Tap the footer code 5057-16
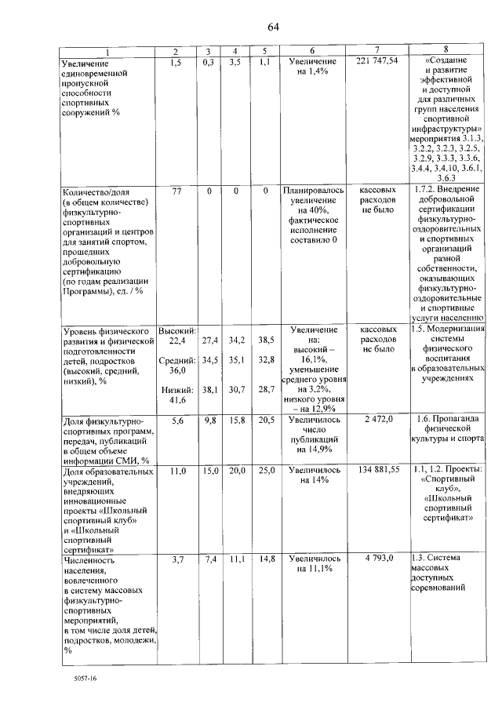coord(72,676)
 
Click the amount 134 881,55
coord(377,471)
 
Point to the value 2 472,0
coord(377,421)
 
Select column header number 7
coord(376,51)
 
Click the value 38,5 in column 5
coord(266,340)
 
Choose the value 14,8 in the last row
coord(266,559)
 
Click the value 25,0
coord(266,471)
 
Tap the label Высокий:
coord(177,330)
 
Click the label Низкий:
coord(176,390)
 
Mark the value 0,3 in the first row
coord(209,61)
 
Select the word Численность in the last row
coord(89,560)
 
